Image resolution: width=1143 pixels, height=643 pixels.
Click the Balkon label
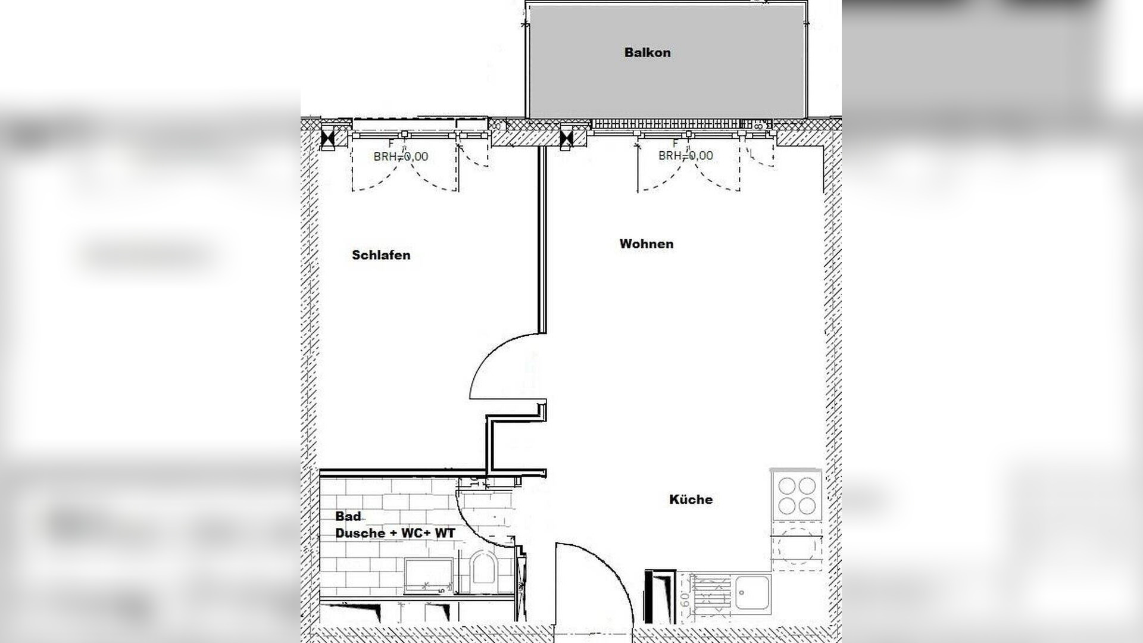pos(647,52)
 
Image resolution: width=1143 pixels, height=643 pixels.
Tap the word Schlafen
pos(381,255)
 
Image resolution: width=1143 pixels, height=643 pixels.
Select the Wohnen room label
pos(646,244)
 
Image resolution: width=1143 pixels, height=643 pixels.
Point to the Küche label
pos(691,500)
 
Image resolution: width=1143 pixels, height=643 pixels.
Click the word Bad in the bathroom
pos(348,516)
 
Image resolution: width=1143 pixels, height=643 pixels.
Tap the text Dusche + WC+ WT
pos(395,533)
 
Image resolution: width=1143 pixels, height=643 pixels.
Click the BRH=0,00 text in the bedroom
pos(401,157)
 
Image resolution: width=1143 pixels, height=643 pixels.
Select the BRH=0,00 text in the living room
pos(685,156)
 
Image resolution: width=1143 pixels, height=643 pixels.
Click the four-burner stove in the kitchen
pos(797,495)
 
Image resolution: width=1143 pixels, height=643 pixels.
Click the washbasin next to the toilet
pos(428,575)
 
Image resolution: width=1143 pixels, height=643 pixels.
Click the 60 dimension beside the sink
pos(685,598)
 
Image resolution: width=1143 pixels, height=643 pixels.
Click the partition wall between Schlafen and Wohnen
pos(542,238)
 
